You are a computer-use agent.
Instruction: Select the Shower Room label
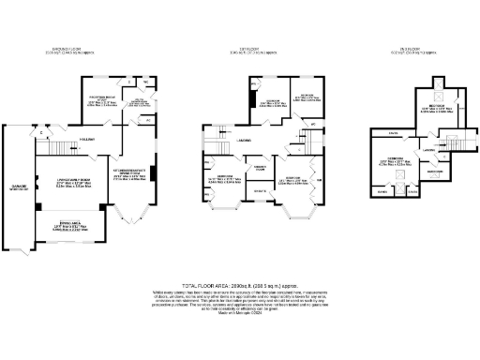pyautogui.click(x=251, y=167)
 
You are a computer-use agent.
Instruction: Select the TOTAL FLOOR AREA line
pyautogui.click(x=239, y=281)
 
